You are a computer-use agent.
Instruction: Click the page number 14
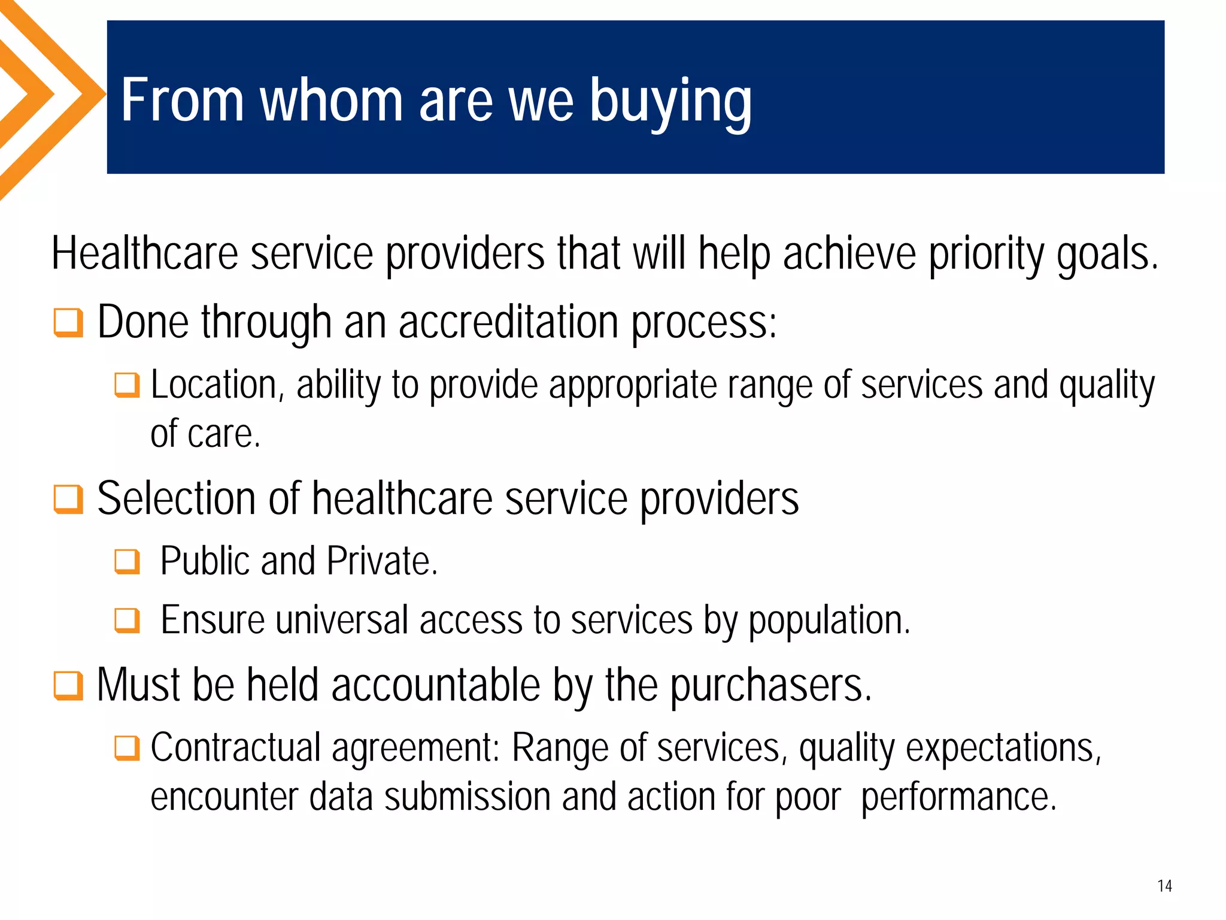1164,886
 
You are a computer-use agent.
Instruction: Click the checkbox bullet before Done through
68,323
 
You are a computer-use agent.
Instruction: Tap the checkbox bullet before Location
127,385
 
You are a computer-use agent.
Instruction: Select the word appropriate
633,386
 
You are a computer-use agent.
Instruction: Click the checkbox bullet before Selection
68,499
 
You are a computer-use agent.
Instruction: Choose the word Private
382,561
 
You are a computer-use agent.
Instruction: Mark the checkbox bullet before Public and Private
127,562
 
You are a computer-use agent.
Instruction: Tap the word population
829,621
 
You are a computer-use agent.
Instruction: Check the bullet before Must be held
68,685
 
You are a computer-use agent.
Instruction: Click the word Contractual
236,747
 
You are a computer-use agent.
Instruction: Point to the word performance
958,798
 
